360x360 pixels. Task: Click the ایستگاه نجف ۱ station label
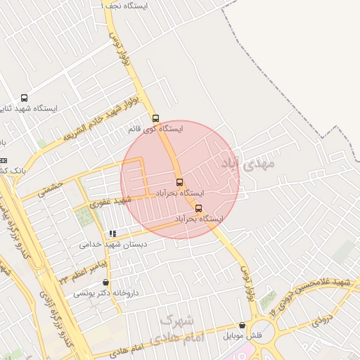126,6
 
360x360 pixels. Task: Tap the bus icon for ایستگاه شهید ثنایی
25,98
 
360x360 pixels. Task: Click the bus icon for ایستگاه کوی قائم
155,118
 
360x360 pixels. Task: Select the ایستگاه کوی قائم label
155,129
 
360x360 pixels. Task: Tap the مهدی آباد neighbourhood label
247,165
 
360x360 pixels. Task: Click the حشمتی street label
51,187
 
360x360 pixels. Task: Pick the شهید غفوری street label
111,202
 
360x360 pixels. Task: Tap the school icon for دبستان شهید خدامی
112,233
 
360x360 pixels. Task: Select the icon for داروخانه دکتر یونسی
105,282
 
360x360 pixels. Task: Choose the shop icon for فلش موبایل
243,326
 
